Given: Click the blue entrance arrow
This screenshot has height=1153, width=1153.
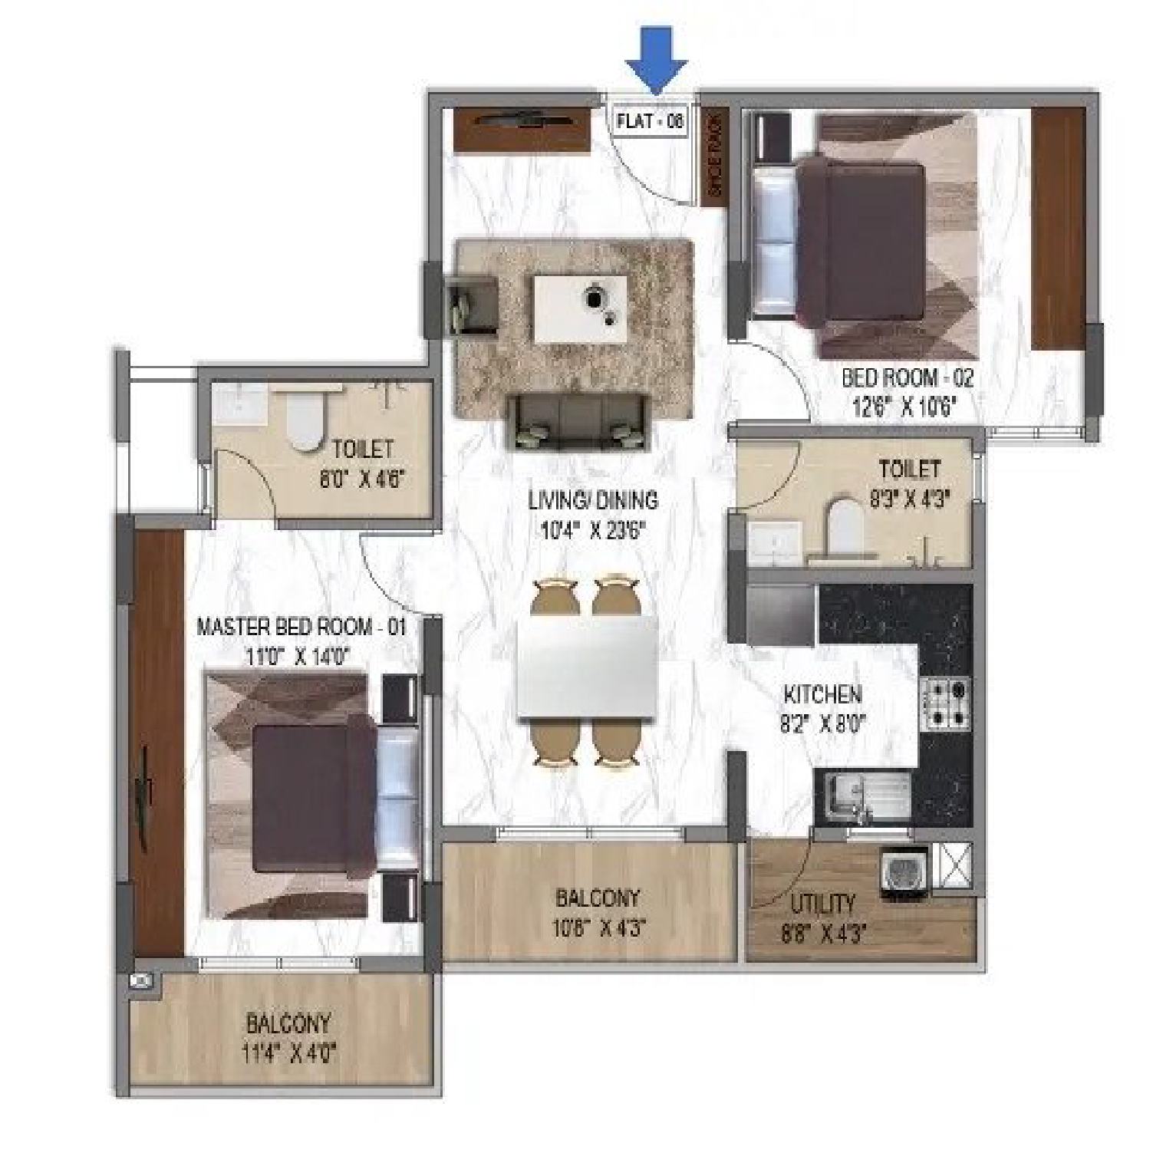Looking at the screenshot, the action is tap(656, 61).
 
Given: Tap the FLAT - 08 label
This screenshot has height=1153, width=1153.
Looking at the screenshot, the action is tap(650, 121).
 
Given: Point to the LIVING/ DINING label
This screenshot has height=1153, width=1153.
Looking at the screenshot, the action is tap(593, 500).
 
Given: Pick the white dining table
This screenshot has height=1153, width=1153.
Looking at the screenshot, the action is tap(588, 667).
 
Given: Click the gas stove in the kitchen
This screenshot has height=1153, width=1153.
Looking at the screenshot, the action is tap(947, 703).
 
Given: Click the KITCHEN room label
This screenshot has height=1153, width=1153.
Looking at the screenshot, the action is tap(822, 695).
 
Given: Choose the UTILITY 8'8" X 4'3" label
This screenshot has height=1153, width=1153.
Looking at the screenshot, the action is tap(823, 918).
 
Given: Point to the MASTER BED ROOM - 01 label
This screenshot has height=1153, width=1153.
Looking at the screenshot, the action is tap(301, 627).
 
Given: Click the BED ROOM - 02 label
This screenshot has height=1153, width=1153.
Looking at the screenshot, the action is tap(908, 377).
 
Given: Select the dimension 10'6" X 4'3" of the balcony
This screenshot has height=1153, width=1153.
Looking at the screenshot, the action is tap(599, 928).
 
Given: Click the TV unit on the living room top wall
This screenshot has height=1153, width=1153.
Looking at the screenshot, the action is tap(523, 129).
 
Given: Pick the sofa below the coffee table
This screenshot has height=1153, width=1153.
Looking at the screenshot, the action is tap(578, 421).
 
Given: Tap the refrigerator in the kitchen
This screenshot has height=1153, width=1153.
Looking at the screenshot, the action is tap(780, 615).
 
